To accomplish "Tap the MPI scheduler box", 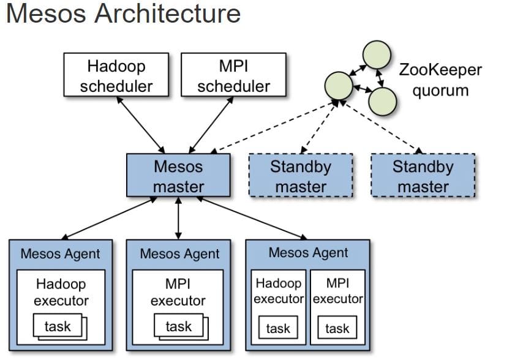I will tap(233, 76).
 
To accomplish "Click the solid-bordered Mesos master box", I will tap(178, 176).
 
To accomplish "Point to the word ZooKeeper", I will tap(440, 69).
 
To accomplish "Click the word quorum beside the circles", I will tap(440, 91).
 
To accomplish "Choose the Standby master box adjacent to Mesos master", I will tap(301, 176).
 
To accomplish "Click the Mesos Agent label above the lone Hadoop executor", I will tap(60, 253).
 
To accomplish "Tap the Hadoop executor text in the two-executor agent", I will tap(279, 291).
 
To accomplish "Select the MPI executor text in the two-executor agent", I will tap(337, 291).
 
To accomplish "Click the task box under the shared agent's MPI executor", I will tap(337, 328).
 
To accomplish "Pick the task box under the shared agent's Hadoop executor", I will tap(278, 328).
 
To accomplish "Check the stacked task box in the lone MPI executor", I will tap(178, 327).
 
